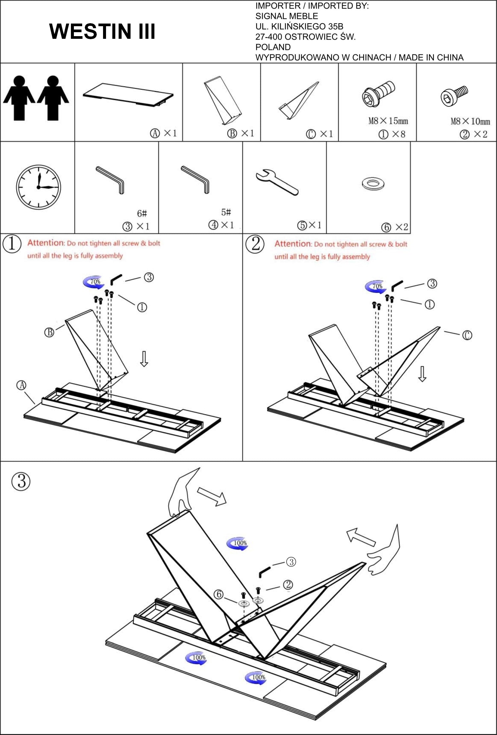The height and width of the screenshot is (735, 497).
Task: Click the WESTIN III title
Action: tap(102, 32)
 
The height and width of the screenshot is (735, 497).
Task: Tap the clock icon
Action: tap(38, 187)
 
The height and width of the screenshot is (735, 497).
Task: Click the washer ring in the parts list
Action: tap(373, 183)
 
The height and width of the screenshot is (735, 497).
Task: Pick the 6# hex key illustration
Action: tap(111, 179)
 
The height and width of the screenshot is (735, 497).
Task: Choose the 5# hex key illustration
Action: tap(196, 179)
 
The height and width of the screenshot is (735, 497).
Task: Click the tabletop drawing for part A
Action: tap(128, 95)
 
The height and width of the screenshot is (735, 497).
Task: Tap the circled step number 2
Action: tap(255, 244)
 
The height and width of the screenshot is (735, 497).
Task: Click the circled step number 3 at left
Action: tap(21, 481)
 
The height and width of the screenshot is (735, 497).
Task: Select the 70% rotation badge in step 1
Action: tap(94, 282)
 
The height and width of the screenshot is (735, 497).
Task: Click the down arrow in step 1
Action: tap(144, 359)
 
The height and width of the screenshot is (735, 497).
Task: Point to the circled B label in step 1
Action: tap(49, 332)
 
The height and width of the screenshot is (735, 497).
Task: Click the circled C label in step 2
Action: tap(467, 335)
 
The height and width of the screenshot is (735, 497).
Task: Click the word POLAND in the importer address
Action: tap(273, 47)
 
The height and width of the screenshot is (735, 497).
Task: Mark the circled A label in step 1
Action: tap(21, 385)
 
